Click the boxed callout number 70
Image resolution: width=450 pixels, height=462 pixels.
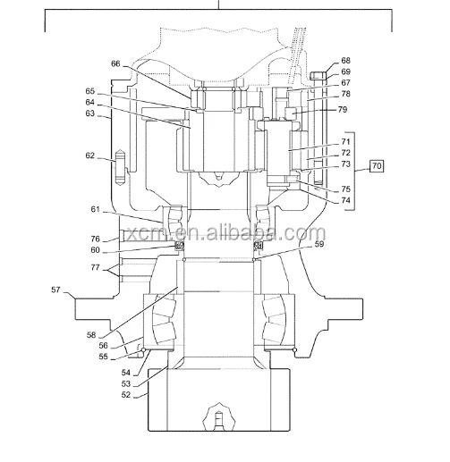[377, 166]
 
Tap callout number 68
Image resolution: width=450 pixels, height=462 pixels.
[345, 61]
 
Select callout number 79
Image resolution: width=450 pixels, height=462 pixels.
[343, 110]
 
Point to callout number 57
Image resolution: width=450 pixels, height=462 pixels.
[55, 290]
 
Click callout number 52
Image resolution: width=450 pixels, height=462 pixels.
[126, 395]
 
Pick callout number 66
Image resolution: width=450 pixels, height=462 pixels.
[115, 63]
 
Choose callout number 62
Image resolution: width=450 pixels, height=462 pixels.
[90, 155]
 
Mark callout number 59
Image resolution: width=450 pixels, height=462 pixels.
[319, 244]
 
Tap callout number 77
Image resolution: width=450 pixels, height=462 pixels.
[95, 267]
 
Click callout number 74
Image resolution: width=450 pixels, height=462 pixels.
[345, 200]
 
